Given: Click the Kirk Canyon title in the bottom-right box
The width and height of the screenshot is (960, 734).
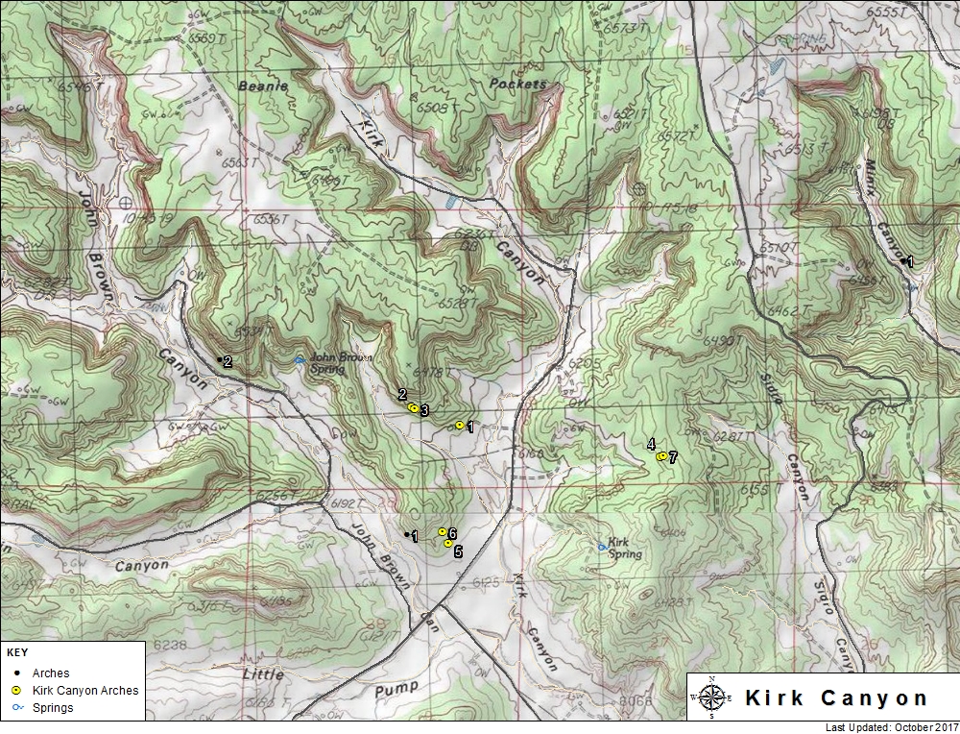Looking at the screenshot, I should point(836,697).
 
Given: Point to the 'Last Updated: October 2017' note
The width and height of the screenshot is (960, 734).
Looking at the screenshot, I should point(891,727).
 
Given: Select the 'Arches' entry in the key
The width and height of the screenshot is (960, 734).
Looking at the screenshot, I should point(51,673).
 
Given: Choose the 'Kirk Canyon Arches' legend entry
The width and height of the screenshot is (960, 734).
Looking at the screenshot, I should point(84,690).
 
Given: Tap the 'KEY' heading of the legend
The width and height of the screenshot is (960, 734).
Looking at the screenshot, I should point(17,652).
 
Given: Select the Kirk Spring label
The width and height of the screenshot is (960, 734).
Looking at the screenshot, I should point(625,548).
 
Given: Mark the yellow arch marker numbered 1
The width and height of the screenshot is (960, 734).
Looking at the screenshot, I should point(460,425).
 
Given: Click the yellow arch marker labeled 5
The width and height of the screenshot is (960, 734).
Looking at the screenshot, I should point(448,543).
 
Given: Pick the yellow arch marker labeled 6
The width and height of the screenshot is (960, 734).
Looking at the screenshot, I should point(442,531).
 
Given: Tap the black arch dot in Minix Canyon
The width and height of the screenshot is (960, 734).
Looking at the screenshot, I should point(903,260).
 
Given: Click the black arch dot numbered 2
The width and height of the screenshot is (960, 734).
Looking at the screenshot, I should point(221,360).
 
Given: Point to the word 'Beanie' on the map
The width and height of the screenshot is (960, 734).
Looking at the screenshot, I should point(263,86).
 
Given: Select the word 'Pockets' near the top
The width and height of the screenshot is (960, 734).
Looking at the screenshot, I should point(517,85).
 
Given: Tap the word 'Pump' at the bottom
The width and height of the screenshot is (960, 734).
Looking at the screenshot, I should point(396,687).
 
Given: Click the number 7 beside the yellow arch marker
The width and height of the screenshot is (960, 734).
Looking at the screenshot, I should point(673,458).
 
